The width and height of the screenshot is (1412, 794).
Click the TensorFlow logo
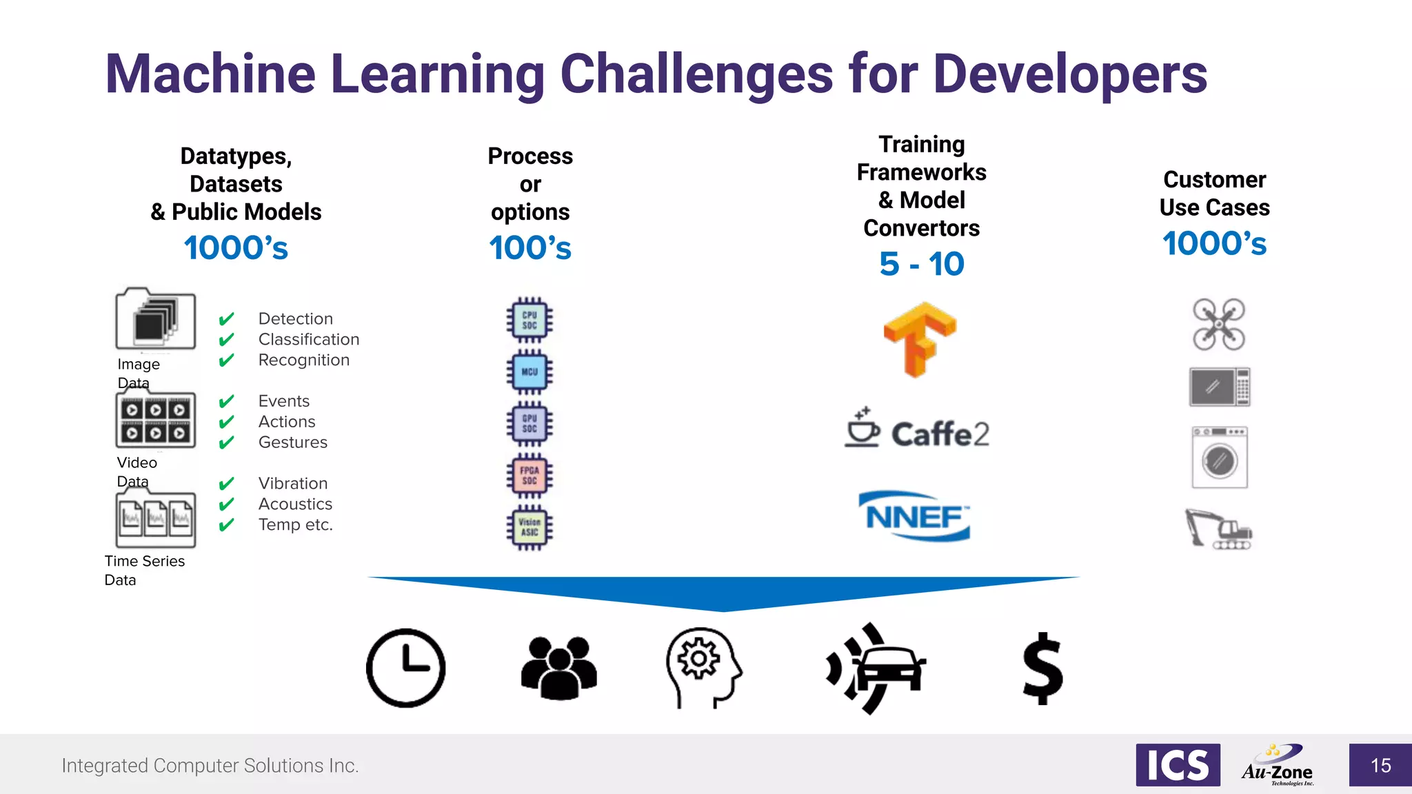(920, 338)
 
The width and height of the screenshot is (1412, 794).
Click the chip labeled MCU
(529, 372)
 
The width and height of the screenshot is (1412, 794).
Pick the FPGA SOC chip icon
(529, 476)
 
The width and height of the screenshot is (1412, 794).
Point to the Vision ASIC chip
(529, 527)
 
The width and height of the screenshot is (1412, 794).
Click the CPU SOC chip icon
(529, 320)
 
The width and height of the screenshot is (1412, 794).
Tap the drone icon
(1219, 324)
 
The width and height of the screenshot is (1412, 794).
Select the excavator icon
(1218, 529)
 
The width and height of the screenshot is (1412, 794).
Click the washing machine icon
(1220, 457)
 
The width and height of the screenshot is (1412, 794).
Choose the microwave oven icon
(1220, 387)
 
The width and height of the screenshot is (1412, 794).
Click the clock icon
(405, 668)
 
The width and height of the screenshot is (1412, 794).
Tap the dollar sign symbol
(1042, 668)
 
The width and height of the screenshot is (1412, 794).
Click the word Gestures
(293, 442)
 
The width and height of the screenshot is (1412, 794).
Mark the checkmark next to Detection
(226, 319)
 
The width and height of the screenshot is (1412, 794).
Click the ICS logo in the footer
(1178, 765)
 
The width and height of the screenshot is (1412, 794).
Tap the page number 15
(1380, 765)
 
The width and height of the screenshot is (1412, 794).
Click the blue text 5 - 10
(921, 264)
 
